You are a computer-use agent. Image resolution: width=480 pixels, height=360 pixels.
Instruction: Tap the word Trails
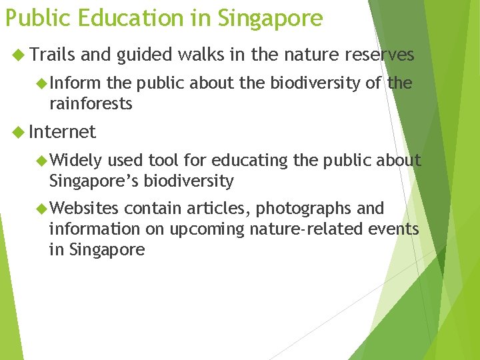click(x=51, y=55)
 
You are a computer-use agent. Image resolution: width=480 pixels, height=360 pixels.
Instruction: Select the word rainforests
click(x=91, y=104)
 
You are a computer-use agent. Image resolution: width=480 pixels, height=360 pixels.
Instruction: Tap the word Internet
click(x=63, y=132)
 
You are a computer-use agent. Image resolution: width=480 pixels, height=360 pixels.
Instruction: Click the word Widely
click(x=75, y=161)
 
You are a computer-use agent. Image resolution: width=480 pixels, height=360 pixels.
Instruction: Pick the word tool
click(x=163, y=161)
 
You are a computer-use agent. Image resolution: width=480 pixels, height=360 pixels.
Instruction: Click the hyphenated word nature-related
click(x=311, y=229)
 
